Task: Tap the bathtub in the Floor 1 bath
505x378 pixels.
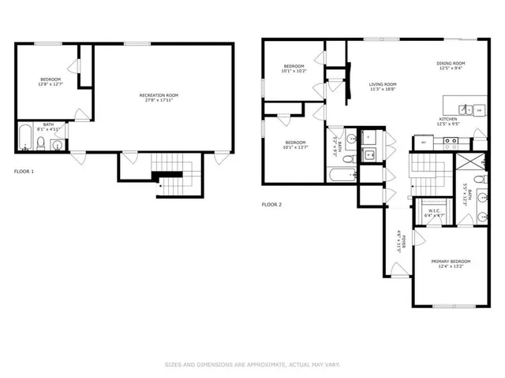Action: pyautogui.click(x=25, y=139)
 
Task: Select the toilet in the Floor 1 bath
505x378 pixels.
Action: pyautogui.click(x=56, y=144)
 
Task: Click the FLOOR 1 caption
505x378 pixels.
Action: pyautogui.click(x=24, y=171)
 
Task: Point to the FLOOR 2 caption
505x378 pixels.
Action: pyautogui.click(x=271, y=204)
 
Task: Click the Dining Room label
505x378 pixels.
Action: pyautogui.click(x=451, y=63)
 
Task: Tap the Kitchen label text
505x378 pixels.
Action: pyautogui.click(x=448, y=119)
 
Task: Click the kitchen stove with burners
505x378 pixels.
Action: pyautogui.click(x=451, y=143)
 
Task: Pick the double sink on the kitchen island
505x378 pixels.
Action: pyautogui.click(x=473, y=109)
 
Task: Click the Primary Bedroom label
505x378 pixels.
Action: pyautogui.click(x=451, y=261)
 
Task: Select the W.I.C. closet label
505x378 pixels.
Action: pyautogui.click(x=434, y=210)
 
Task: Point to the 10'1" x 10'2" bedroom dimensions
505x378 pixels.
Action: pyautogui.click(x=294, y=71)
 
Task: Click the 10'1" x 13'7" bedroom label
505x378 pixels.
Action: pyautogui.click(x=294, y=143)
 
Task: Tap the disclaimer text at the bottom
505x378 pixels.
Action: pyautogui.click(x=252, y=365)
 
